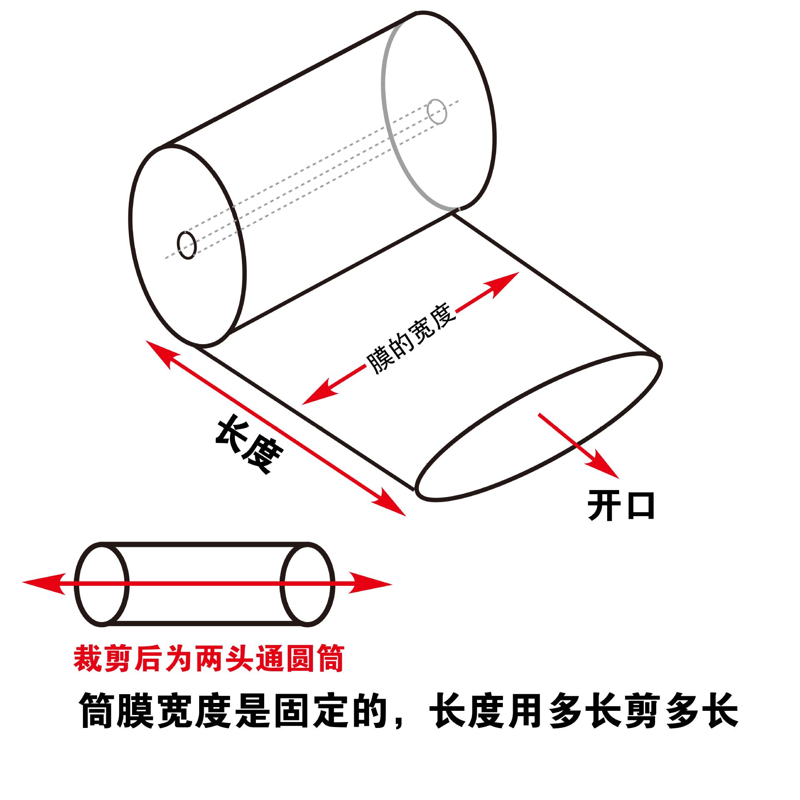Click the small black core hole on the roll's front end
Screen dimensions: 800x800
click(187, 245)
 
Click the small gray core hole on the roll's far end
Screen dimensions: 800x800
click(437, 111)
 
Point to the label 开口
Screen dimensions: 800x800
click(620, 506)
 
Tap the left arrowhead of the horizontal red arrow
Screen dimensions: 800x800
click(42, 584)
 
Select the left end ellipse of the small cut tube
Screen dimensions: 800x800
click(102, 584)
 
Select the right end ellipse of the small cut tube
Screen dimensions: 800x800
click(308, 584)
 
